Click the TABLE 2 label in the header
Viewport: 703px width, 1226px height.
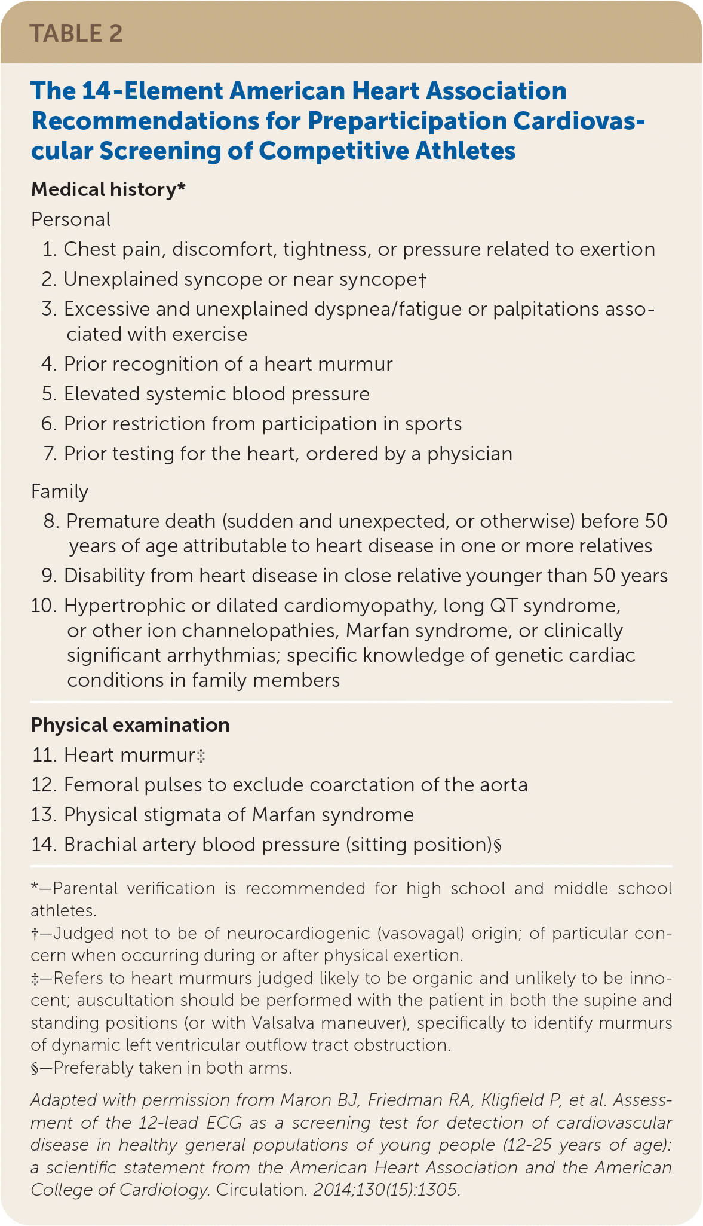click(x=76, y=33)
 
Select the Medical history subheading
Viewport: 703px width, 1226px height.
click(x=108, y=189)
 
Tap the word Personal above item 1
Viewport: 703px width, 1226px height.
click(x=70, y=219)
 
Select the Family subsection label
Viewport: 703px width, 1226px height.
click(x=59, y=491)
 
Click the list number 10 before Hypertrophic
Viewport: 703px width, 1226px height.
click(x=43, y=606)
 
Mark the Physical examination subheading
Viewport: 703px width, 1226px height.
click(x=130, y=725)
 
